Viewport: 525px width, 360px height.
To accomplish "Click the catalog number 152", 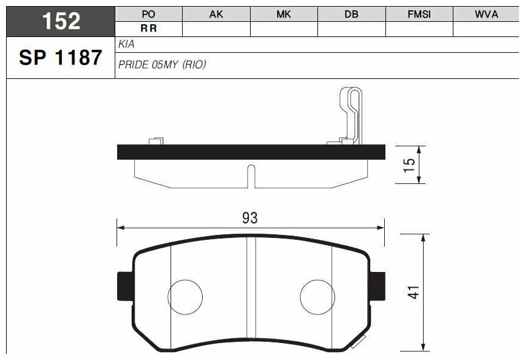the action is (x=61, y=21).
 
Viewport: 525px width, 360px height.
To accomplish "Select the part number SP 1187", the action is (x=61, y=57).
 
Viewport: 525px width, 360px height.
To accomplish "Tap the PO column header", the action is (x=148, y=15).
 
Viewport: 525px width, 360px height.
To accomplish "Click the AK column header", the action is (x=216, y=15).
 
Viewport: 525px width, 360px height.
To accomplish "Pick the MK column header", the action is (x=283, y=15).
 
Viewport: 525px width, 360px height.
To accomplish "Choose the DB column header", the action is (x=351, y=15).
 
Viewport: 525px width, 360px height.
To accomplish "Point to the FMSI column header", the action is (x=419, y=15).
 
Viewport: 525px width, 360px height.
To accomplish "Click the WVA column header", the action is (x=486, y=15).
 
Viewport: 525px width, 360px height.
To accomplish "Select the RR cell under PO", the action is (x=149, y=29).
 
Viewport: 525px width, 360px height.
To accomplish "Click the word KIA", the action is (x=127, y=44).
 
